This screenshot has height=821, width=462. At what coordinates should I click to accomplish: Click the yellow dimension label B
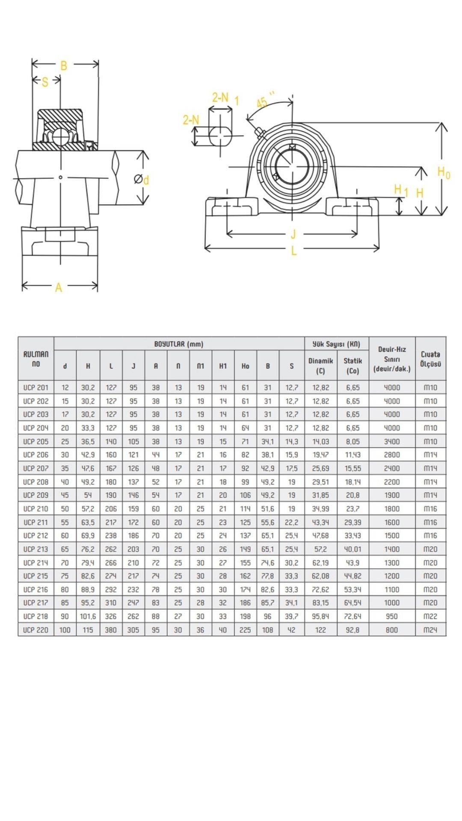(64, 65)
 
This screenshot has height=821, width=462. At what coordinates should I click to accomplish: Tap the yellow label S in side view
(45, 82)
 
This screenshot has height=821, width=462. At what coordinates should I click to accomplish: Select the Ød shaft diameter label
(141, 180)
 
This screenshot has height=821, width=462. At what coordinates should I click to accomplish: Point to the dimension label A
(59, 288)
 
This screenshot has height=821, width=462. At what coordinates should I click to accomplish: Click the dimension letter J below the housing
(293, 234)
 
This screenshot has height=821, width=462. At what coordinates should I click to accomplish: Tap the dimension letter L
(293, 251)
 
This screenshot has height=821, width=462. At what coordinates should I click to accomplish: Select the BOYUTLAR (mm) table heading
(179, 344)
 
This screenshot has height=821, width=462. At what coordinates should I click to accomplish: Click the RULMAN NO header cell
(36, 359)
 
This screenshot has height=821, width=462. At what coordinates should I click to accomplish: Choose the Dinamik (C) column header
(320, 366)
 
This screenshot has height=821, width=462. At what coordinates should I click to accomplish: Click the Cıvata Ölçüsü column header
(430, 359)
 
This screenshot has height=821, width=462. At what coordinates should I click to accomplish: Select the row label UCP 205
(36, 441)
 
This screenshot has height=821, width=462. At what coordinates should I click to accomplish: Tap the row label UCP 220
(36, 630)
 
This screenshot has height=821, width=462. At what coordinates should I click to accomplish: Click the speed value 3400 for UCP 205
(391, 441)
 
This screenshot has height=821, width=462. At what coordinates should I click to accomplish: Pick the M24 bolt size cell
(430, 630)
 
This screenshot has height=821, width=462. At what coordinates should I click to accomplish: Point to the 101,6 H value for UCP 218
(88, 616)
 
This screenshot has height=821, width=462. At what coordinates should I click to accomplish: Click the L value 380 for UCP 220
(111, 630)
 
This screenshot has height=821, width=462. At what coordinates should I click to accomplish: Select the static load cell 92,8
(352, 630)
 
